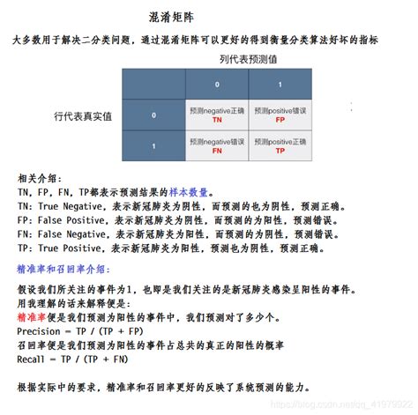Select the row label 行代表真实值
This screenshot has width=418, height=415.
tap(84, 116)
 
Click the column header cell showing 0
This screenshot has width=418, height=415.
tap(217, 85)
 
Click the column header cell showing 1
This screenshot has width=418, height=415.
tap(280, 85)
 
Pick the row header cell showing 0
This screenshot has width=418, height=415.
tap(153, 115)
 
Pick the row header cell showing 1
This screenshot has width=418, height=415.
tap(153, 146)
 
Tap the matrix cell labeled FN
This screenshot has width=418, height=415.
tap(217, 146)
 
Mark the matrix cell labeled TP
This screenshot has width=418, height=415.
tap(280, 146)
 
